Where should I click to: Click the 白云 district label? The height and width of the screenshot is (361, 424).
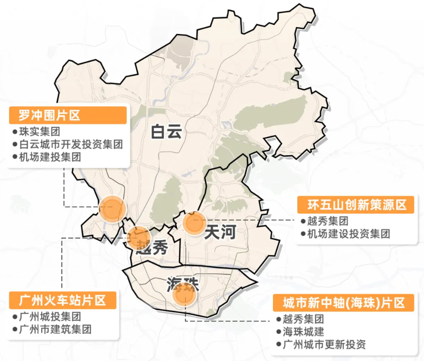pyautogui.click(x=166, y=131)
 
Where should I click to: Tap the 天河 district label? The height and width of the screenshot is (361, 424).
pyautogui.click(x=220, y=232)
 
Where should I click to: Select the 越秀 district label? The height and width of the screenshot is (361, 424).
pyautogui.click(x=153, y=247)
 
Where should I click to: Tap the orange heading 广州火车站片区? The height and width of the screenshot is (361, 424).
pyautogui.click(x=63, y=299)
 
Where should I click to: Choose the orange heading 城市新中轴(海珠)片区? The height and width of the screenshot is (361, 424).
pyautogui.click(x=344, y=303)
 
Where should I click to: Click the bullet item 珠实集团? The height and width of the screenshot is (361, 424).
pyautogui.click(x=39, y=132)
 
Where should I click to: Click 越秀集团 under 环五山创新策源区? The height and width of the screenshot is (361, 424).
pyautogui.click(x=328, y=221)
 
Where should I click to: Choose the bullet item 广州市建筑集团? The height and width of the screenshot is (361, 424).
pyautogui.click(x=55, y=329)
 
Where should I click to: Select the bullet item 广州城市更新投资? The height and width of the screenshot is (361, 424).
pyautogui.click(x=324, y=345)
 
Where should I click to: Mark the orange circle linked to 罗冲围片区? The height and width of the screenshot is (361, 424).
pyautogui.click(x=113, y=209)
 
